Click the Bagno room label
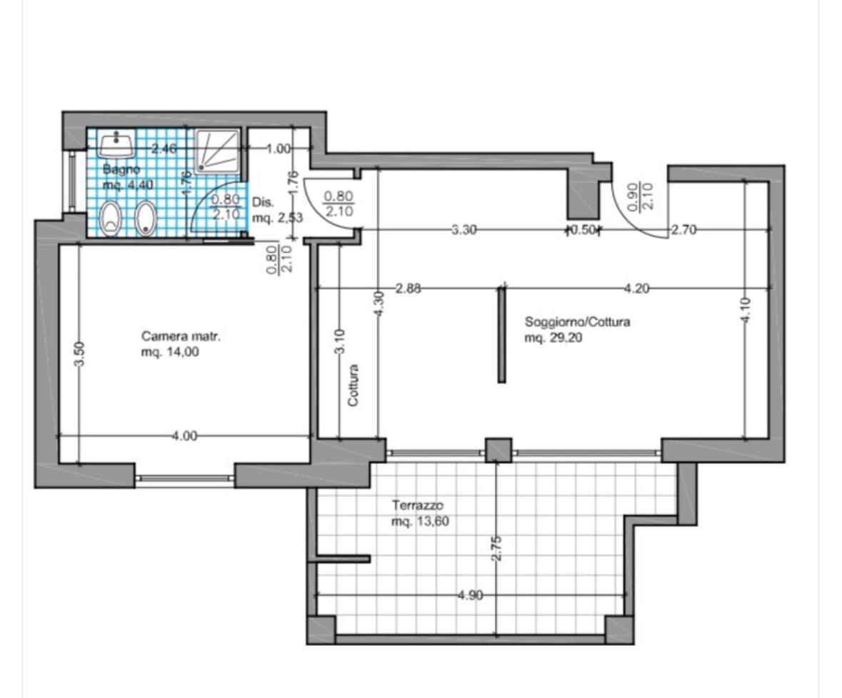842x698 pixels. point(121,170)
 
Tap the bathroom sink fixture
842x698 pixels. point(116,145)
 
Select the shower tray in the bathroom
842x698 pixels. point(216,151)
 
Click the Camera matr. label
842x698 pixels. point(181,336)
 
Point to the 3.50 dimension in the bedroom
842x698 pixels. point(79,355)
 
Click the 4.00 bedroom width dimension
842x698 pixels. point(184,436)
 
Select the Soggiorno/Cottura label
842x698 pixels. point(577,322)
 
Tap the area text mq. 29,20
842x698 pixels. point(553,338)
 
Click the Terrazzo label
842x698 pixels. point(417,505)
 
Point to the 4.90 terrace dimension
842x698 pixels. point(471,595)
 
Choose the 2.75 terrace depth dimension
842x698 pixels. point(496,548)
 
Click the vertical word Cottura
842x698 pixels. point(353,385)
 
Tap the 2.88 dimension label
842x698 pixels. point(408,288)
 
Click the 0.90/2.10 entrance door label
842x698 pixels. point(639,196)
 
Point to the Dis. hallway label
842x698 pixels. point(263,203)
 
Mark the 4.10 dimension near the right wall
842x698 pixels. point(746,310)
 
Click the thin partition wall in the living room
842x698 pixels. point(501,334)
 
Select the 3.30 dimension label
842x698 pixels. point(463,230)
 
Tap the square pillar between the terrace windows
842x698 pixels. point(498,450)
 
